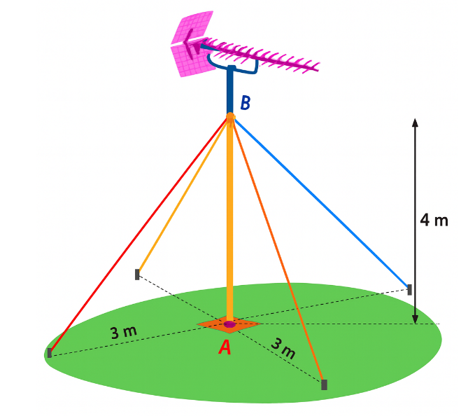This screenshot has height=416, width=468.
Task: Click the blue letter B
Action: pos(246,103)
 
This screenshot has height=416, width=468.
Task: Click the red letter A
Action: pos(225,347)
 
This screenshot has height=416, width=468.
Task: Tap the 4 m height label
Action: pos(434,220)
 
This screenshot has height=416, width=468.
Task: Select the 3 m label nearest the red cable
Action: pos(124,333)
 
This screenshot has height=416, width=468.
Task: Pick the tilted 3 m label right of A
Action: pos(283,348)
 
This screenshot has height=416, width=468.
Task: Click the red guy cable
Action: pos(139,235)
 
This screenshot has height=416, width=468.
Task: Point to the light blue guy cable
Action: pos(322,202)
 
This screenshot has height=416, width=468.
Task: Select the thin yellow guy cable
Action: pos(183,195)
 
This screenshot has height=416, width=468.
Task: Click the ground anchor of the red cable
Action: pos(50,353)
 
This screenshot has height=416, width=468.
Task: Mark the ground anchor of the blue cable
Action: pos(409,289)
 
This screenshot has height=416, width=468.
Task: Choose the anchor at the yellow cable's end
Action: pos(137,275)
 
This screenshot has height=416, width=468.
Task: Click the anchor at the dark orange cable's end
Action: pos(324,384)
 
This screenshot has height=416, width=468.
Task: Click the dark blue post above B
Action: pos(230,89)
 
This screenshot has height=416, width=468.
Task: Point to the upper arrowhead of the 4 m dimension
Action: pos(415,123)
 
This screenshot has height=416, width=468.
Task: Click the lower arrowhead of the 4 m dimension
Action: pos(415,319)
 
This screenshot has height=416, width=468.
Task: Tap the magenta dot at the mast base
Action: pos(229,324)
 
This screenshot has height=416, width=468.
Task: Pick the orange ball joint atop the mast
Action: pos(230,117)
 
